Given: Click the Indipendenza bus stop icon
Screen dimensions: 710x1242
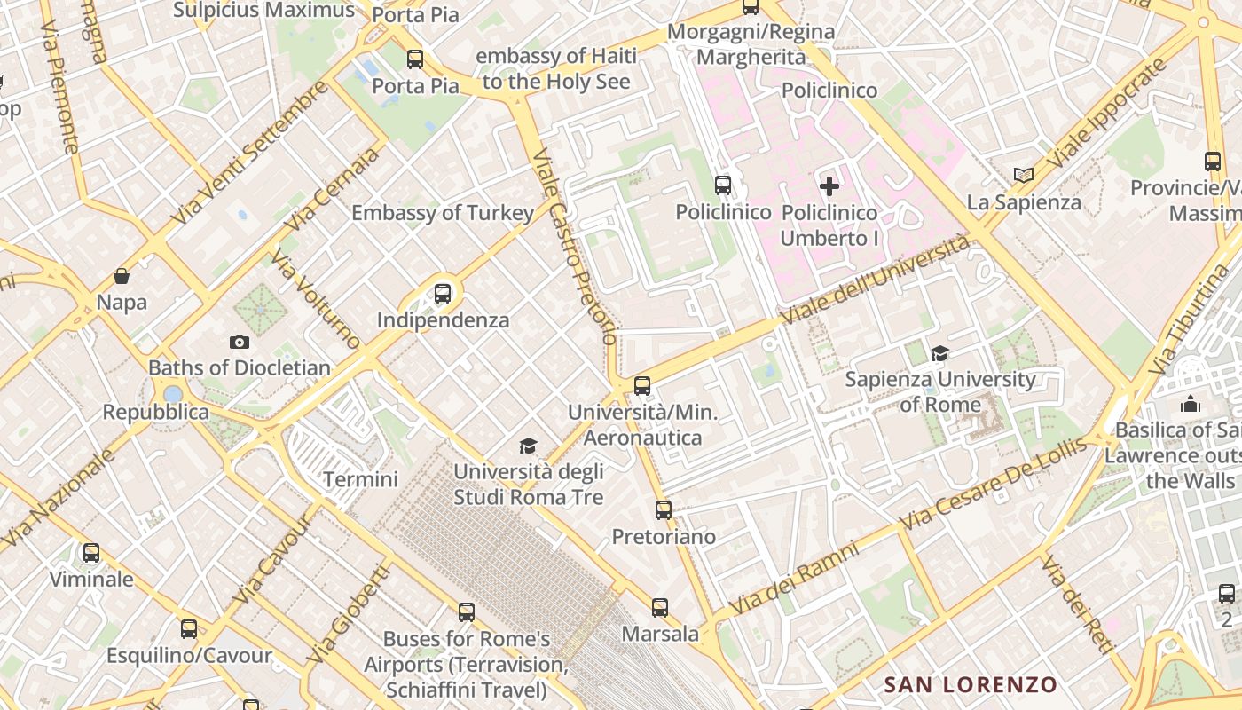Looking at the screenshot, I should [x=442, y=294].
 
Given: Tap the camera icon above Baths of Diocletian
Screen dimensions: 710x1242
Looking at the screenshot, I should [x=239, y=342].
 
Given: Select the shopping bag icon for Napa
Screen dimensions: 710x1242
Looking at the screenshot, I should [x=122, y=276].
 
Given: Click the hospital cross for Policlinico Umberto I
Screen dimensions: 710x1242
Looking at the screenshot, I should [x=829, y=186].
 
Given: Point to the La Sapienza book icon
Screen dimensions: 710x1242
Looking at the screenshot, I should [x=1024, y=176].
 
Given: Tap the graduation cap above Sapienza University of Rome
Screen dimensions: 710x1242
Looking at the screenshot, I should [x=939, y=354].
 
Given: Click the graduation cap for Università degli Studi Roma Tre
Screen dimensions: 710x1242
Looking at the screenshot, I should [x=529, y=446].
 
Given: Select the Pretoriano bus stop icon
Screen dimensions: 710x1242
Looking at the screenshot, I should [x=664, y=510].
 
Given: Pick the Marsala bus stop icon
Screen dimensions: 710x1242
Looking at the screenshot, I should [x=660, y=608].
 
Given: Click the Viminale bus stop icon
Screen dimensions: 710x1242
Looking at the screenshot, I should [x=91, y=553].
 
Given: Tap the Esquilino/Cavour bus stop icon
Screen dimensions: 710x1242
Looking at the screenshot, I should [x=189, y=629].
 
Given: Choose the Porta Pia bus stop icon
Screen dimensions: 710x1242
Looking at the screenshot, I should [x=415, y=59].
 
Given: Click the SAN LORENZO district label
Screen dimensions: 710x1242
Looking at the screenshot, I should [x=971, y=684].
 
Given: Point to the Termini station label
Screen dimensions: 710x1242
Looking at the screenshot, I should [x=360, y=479].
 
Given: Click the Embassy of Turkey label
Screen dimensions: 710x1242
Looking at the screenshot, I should [x=443, y=213].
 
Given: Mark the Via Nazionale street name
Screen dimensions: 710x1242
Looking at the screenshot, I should [x=59, y=498].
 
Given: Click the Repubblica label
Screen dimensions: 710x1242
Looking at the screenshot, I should [x=156, y=412].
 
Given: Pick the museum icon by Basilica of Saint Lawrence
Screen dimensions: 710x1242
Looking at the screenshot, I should [x=1191, y=405].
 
